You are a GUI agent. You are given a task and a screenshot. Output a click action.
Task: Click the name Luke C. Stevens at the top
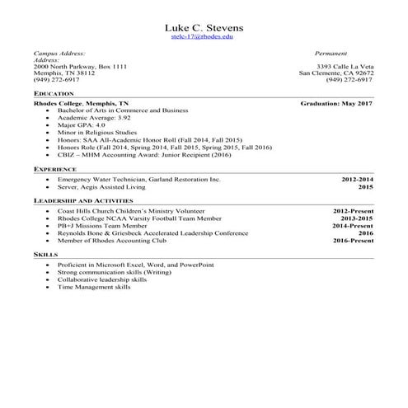pos(203,26)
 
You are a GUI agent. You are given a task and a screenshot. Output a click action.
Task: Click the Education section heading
pos(54,94)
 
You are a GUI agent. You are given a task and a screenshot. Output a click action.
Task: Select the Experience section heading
pos(56,168)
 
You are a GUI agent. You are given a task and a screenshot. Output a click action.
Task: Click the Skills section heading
pos(45,255)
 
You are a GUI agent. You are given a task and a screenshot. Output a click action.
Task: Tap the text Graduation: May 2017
pos(336,105)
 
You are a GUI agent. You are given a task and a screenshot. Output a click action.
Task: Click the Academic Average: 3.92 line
pos(94,118)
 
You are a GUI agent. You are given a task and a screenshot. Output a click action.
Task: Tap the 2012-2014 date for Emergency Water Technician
pos(357,179)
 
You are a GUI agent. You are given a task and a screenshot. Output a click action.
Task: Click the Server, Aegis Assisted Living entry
pos(101,187)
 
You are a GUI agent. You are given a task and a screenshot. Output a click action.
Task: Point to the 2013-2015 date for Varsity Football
pos(357,218)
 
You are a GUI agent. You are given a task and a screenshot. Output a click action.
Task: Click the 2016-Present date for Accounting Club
pos(353,241)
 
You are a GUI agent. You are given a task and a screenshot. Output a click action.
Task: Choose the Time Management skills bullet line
pos(94,288)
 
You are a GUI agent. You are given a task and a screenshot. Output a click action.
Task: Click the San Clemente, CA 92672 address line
pos(335,73)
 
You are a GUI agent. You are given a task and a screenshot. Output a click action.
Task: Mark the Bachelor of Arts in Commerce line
pos(123,110)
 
